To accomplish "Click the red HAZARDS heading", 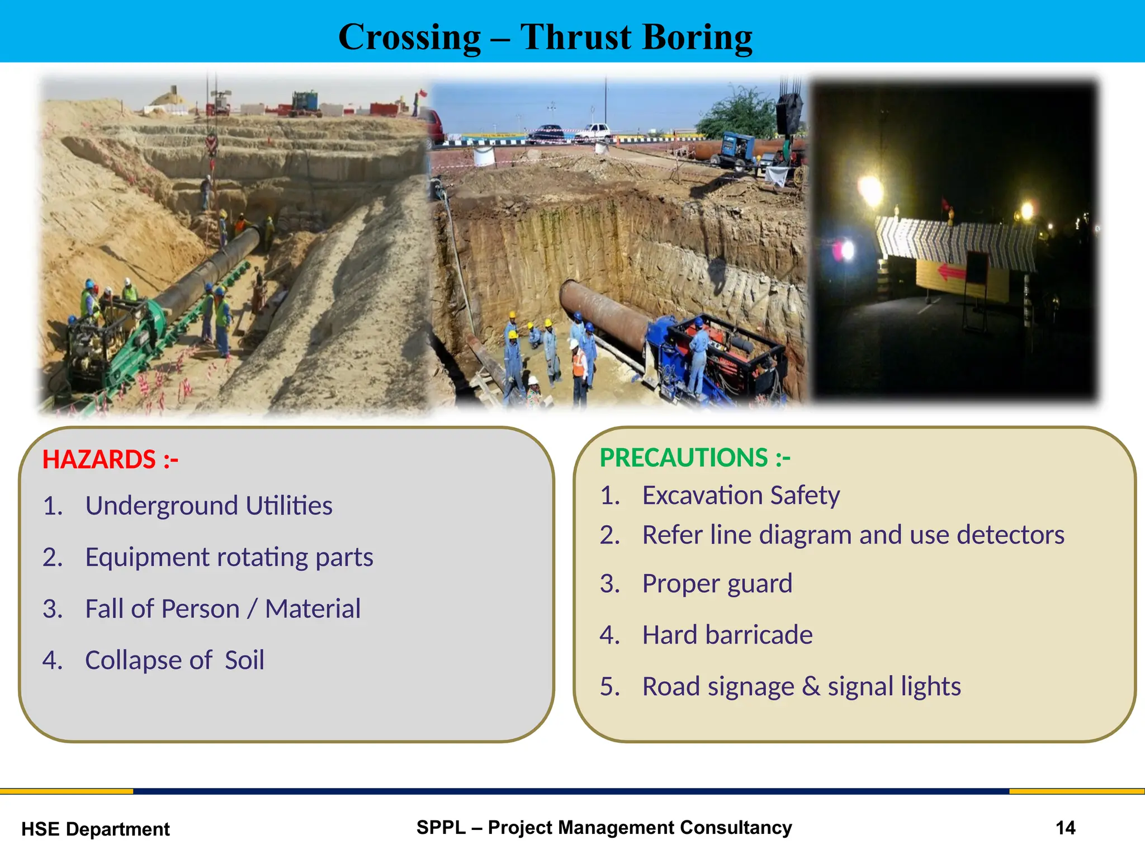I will point(110,460).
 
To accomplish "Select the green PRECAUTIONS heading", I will point(694,458).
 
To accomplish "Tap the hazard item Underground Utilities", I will point(209,506).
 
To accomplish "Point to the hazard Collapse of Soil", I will point(174,660).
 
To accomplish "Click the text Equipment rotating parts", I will point(229,557).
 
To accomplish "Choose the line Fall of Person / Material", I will point(223,608).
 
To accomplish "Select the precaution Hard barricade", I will point(727,635).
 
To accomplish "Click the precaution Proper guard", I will point(717,583).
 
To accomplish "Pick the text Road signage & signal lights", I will point(801,686).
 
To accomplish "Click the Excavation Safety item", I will point(740,495).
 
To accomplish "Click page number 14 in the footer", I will point(1065,828).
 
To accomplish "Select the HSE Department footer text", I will point(95,829).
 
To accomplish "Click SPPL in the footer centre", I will point(441,827).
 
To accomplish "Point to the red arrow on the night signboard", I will point(950,272).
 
